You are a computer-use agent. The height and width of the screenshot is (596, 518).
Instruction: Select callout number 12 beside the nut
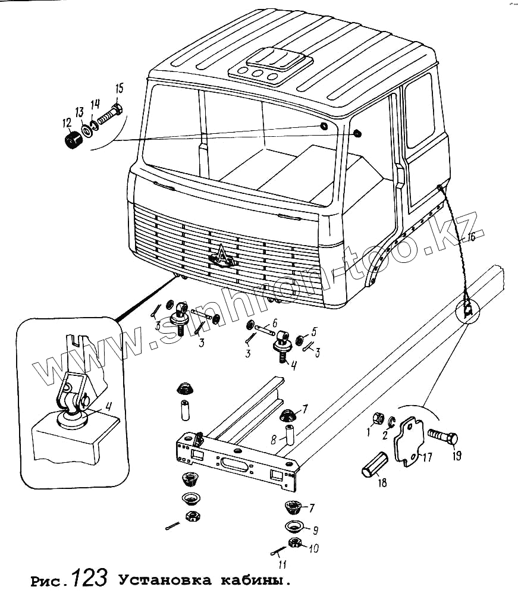(67, 123)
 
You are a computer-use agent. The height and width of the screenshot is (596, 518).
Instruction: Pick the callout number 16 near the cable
(470, 238)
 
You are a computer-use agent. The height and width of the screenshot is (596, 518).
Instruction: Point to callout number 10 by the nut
(313, 548)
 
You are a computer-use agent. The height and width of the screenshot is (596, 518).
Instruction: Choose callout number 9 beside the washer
(315, 529)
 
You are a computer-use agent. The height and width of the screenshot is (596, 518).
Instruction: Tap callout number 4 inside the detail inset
(108, 407)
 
